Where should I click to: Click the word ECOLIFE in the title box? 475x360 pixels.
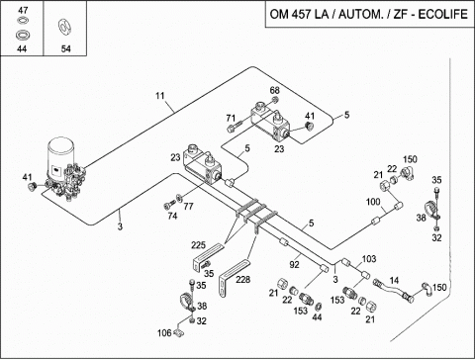click(443, 14)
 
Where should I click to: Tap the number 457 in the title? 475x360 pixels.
click(301, 14)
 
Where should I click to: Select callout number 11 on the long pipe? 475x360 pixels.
click(160, 96)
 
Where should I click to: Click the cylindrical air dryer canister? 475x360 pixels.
click(60, 155)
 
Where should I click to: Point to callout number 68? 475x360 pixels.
click(274, 90)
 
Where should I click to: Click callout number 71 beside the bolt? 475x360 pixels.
click(231, 118)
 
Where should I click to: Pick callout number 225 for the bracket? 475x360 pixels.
click(198, 245)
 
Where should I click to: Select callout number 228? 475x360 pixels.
click(242, 280)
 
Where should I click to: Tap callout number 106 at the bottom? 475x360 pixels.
click(164, 333)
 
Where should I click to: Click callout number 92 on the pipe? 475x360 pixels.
click(294, 264)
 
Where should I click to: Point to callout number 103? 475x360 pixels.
click(369, 259)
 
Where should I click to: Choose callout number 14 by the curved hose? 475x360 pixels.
click(394, 281)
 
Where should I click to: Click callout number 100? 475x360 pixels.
click(373, 202)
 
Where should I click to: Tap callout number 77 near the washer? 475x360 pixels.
click(188, 207)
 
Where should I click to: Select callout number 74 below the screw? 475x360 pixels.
click(172, 216)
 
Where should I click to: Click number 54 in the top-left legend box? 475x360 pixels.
click(65, 49)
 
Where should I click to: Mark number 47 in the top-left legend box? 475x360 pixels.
click(23, 10)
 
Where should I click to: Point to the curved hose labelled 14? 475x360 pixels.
click(394, 290)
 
